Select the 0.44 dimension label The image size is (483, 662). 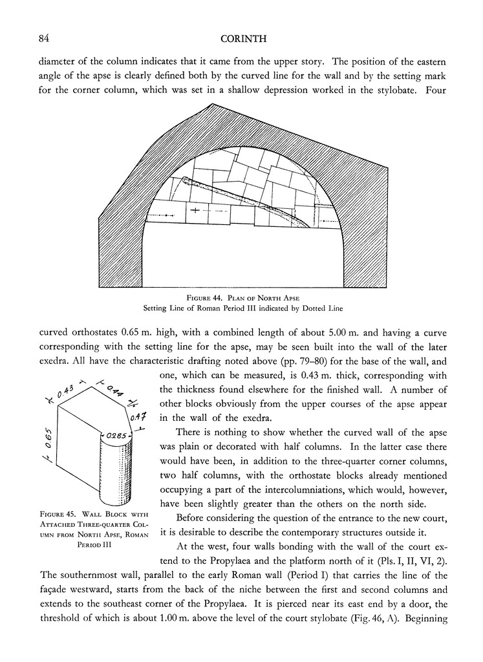tap(117, 390)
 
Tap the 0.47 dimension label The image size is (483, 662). tap(140, 418)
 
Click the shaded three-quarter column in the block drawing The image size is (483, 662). tap(117, 472)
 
